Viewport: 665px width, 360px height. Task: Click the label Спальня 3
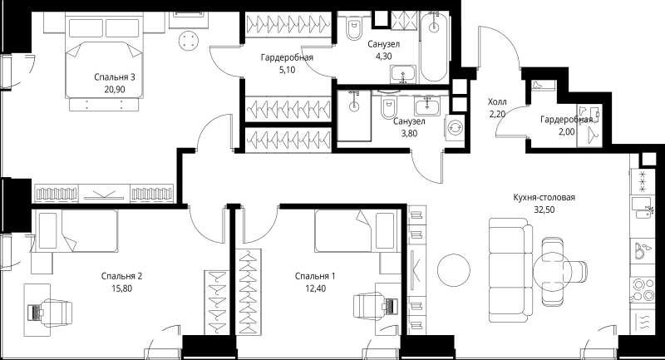pos(115,77)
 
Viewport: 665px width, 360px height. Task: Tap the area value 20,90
pos(115,90)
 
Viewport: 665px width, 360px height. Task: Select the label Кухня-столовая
pos(544,197)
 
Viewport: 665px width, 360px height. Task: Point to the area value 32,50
pos(544,210)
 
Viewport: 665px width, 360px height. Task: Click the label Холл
pos(497,101)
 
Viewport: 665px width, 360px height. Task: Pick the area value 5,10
pos(287,70)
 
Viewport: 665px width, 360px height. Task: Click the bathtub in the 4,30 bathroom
pos(433,47)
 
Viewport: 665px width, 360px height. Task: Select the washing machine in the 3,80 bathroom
pos(455,126)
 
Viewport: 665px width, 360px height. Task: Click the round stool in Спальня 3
pos(189,41)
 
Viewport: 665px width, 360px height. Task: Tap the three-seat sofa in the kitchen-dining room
pos(510,270)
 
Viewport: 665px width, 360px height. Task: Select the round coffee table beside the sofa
pos(454,270)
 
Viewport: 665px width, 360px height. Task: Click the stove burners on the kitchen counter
pos(643,289)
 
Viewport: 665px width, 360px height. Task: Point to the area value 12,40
pos(315,288)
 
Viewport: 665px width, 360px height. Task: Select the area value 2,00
pos(567,132)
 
